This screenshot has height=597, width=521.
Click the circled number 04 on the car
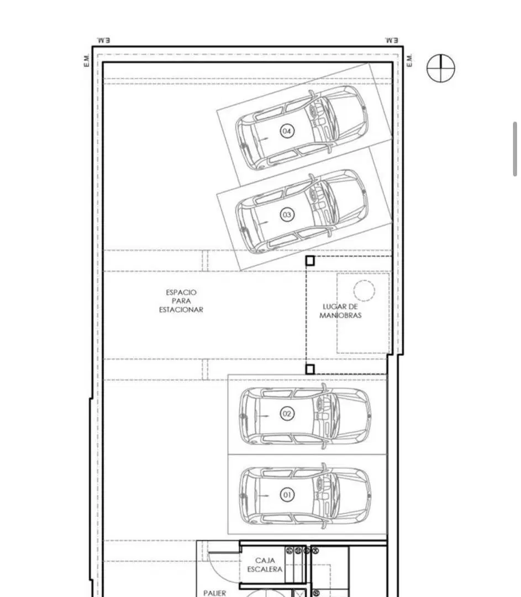(x=287, y=132)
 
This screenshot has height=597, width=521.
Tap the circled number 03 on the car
(x=287, y=214)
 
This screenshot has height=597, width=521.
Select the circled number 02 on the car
(x=287, y=413)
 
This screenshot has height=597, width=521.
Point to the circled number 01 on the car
(x=287, y=495)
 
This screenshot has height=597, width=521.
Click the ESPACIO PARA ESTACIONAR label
(x=181, y=301)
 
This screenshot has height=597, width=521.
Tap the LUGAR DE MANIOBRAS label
(x=340, y=311)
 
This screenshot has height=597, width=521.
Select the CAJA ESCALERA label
(x=265, y=564)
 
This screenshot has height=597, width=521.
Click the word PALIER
(x=214, y=593)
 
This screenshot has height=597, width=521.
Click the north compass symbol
(x=441, y=68)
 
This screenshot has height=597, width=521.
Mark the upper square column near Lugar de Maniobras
(x=310, y=261)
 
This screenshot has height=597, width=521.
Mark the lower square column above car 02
(x=310, y=369)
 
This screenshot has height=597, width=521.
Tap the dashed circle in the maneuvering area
(x=364, y=291)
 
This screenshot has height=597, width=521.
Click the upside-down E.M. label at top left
(x=103, y=40)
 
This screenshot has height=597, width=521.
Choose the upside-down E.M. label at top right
(x=392, y=40)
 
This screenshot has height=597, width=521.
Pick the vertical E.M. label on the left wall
(x=86, y=61)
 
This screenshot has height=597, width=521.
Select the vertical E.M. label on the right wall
(x=409, y=61)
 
